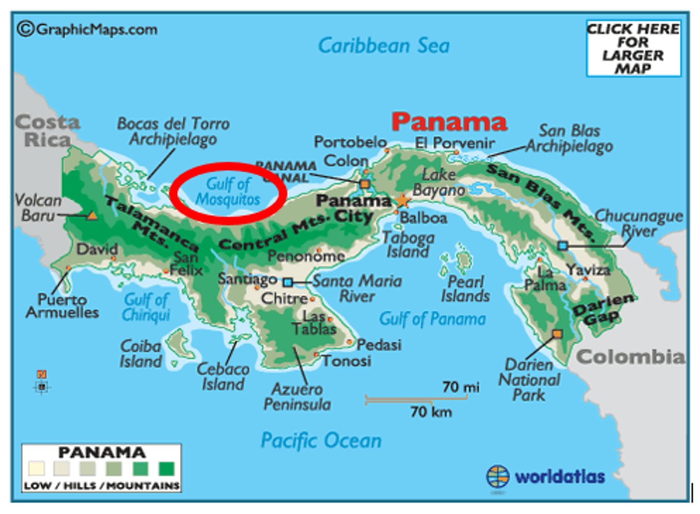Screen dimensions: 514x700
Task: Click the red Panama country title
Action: click(449, 122)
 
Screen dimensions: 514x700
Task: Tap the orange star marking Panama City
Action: click(402, 201)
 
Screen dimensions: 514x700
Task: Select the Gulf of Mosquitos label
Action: click(227, 192)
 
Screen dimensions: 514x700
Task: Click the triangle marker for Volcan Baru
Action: click(92, 215)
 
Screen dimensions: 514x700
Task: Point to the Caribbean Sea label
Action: click(384, 46)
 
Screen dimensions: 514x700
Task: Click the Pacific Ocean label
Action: click(321, 441)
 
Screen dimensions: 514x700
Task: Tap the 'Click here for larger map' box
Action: click(633, 48)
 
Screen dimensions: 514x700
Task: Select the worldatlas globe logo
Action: click(498, 477)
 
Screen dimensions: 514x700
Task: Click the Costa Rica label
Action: click(47, 131)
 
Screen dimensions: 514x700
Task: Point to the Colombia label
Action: click(630, 357)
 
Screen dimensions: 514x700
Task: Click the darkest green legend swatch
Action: click(166, 468)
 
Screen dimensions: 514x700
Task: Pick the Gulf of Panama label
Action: click(432, 319)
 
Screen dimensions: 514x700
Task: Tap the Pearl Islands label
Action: click(465, 289)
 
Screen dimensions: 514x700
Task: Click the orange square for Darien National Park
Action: click(557, 334)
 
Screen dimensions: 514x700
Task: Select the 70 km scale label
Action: click(431, 412)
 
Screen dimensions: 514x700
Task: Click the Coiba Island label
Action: click(141, 354)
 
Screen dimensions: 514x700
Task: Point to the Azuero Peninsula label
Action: click(297, 397)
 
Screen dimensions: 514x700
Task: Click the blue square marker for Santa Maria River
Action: click(288, 282)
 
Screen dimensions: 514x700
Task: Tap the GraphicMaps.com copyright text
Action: click(87, 30)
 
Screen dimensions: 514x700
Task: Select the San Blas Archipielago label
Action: click(569, 139)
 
